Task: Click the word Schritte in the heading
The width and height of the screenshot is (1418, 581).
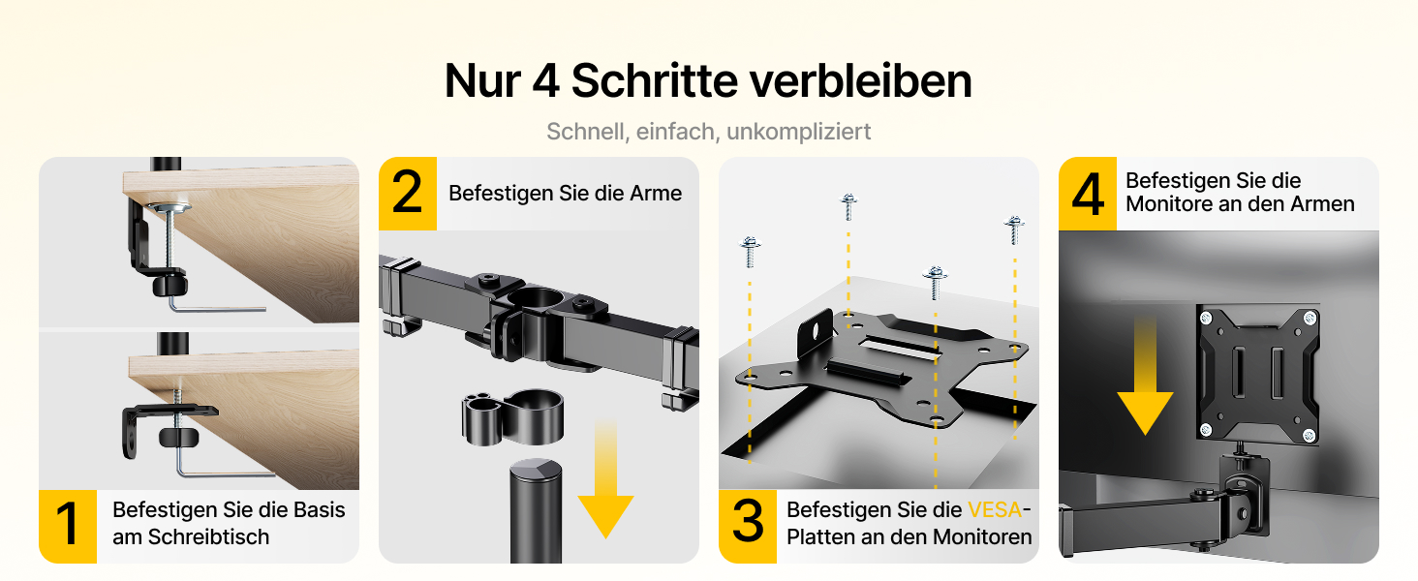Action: click(654, 80)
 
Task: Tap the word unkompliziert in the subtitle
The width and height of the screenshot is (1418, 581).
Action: click(798, 132)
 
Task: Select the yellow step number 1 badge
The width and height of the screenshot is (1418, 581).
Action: click(68, 526)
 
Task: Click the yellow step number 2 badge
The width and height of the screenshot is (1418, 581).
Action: click(408, 193)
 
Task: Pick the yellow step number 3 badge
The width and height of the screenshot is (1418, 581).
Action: click(748, 526)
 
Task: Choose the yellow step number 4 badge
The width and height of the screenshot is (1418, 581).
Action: click(1088, 193)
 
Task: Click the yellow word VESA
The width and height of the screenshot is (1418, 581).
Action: click(995, 509)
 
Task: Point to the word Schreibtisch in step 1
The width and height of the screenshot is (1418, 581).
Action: click(209, 536)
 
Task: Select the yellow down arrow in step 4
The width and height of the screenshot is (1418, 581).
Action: click(1145, 376)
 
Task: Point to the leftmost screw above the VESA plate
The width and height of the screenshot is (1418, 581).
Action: click(750, 251)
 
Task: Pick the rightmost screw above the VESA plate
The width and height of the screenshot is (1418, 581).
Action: click(1014, 229)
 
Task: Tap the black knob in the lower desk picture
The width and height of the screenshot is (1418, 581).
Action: click(178, 438)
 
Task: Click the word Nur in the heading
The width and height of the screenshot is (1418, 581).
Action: click(483, 80)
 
